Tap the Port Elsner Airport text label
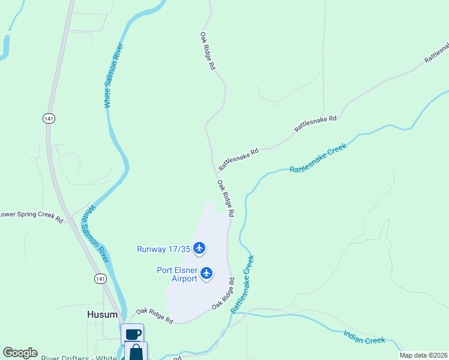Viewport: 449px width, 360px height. tap(177, 274)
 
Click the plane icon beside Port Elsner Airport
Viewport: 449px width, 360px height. tap(207, 274)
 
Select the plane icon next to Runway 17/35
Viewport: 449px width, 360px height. tap(200, 248)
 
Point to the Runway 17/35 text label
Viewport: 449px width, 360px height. tap(163, 249)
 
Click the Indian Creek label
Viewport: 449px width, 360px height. tap(364, 337)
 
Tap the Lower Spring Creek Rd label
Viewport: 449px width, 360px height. tap(31, 216)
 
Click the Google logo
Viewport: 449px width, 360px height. tap(20, 353)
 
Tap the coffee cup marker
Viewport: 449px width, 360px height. tap(133, 334)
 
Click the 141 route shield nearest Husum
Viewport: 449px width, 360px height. tap(100, 278)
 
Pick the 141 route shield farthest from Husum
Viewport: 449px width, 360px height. tap(49, 119)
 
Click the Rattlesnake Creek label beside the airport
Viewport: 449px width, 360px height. tap(243, 284)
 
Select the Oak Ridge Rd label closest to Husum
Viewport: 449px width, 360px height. tap(154, 316)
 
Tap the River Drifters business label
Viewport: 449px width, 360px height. tap(79, 358)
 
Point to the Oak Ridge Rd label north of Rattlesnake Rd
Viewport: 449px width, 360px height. tap(208, 52)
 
